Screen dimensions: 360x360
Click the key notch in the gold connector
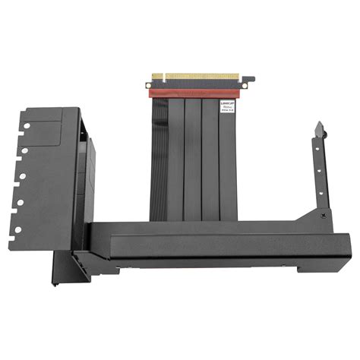pyautogui.click(x=165, y=77)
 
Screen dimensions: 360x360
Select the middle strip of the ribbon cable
pyautogui.click(x=193, y=159)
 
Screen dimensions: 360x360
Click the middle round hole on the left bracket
pyautogui.click(x=23, y=176)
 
